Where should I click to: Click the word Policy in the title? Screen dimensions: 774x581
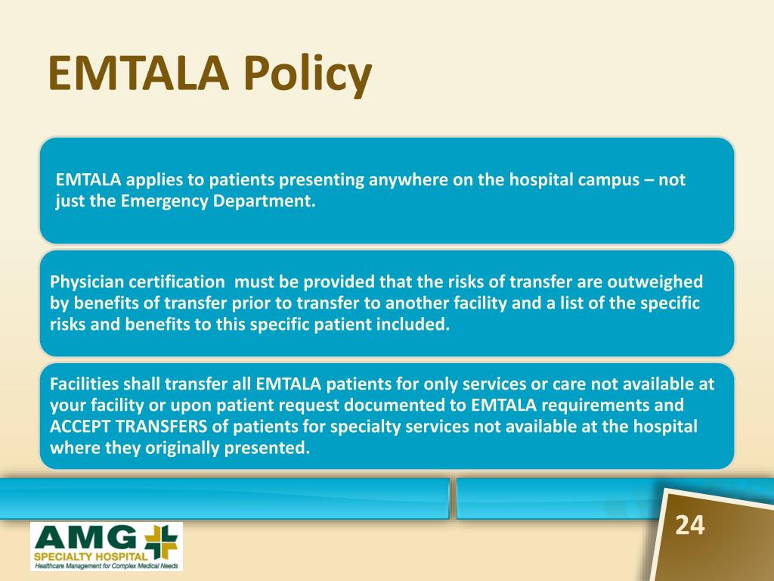(307, 74)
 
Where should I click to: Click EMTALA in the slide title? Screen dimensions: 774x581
(139, 73)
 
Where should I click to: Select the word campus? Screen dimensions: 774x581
(608, 180)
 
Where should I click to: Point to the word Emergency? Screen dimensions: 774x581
(165, 201)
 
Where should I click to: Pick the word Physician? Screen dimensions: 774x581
(87, 282)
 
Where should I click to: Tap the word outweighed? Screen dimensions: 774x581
(655, 282)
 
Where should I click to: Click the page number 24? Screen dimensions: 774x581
(689, 525)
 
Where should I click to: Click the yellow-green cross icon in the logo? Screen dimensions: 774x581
(161, 542)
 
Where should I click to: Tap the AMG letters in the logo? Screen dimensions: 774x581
(88, 539)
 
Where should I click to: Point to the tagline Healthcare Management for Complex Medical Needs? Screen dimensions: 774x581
(106, 566)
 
